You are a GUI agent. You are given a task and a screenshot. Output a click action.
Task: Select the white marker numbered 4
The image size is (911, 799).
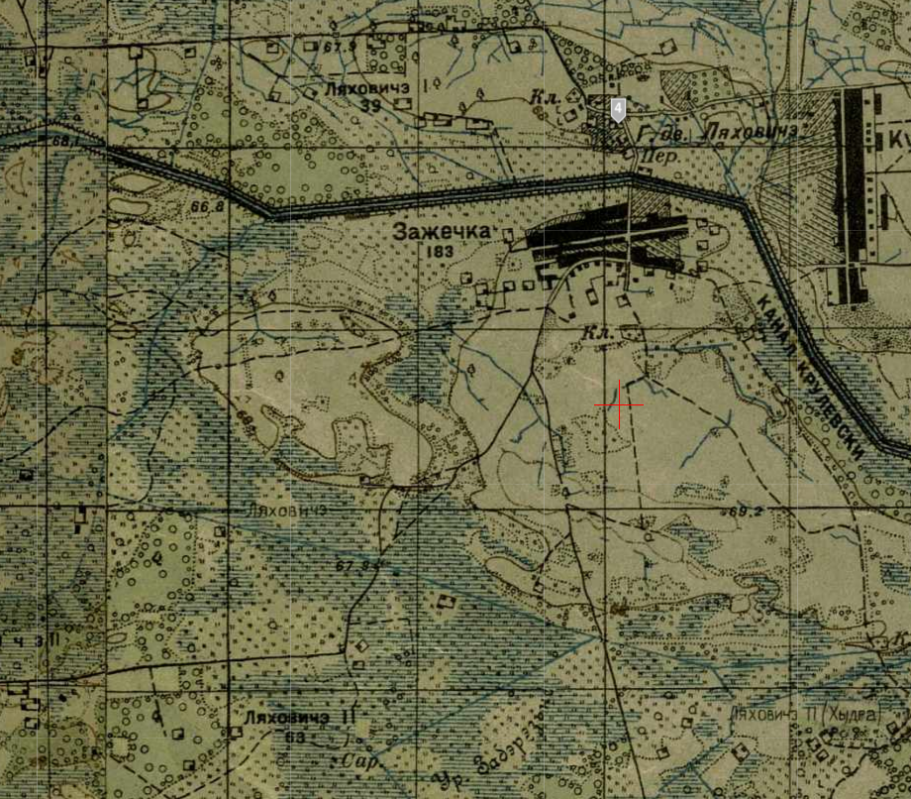(x=618, y=109)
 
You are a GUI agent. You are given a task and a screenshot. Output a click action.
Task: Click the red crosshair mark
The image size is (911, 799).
(x=619, y=405)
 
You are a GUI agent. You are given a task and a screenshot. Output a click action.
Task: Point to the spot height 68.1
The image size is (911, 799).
(x=68, y=142)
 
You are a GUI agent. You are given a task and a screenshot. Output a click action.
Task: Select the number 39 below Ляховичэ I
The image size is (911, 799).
(x=371, y=106)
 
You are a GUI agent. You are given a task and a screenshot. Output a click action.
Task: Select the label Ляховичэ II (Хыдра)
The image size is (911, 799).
(x=802, y=715)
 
